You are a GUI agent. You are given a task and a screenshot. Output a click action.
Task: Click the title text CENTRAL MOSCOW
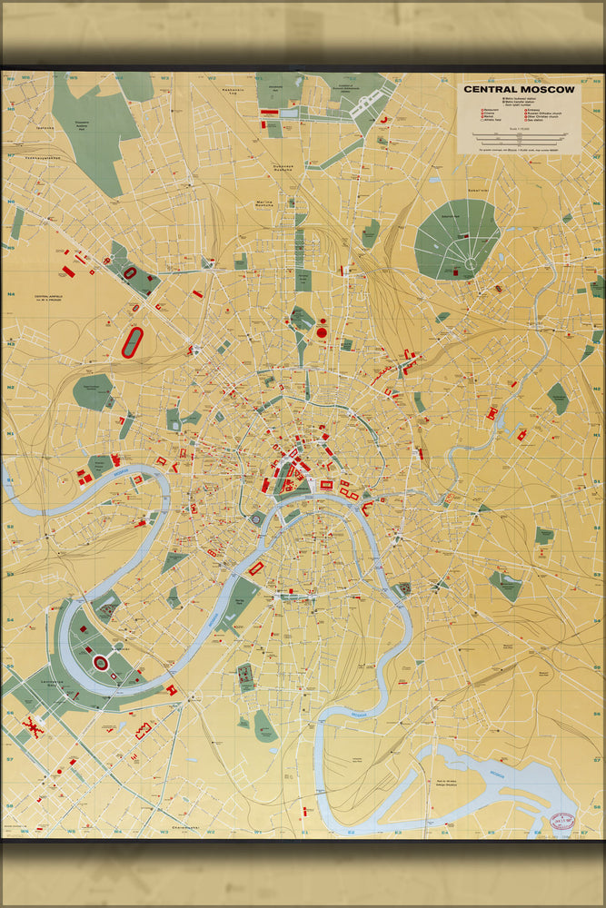(519, 89)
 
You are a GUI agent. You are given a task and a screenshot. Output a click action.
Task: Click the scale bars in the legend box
(519, 138)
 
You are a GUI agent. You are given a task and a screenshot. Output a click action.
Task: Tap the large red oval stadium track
(133, 342)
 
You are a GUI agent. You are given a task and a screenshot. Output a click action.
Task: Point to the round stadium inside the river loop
(101, 664)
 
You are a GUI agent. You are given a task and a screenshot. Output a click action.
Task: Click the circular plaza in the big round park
(472, 263)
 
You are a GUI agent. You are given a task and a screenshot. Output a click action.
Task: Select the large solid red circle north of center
(322, 333)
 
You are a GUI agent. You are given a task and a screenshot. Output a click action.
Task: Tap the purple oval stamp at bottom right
(565, 819)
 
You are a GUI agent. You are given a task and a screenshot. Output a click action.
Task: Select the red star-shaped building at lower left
(35, 726)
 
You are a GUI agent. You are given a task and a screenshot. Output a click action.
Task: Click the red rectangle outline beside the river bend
(256, 568)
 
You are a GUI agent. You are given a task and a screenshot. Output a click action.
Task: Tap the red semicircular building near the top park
(383, 120)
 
